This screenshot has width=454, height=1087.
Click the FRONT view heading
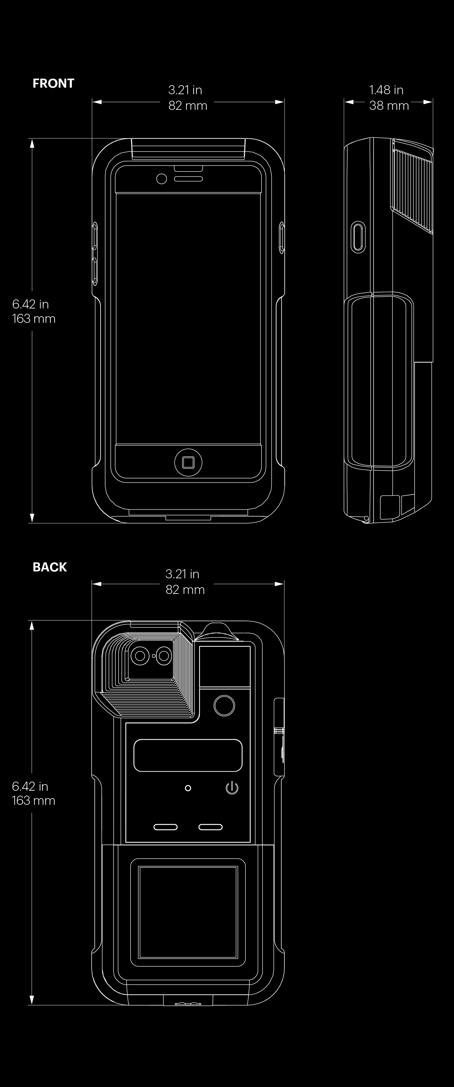point(53,84)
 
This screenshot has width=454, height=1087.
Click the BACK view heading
point(50,567)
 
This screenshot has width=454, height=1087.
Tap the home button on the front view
point(188,463)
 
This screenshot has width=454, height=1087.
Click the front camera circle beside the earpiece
point(161,179)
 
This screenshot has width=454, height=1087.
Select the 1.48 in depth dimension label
point(386,90)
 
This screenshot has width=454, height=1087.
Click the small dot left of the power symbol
point(188,788)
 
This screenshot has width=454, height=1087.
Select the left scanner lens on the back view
point(139,656)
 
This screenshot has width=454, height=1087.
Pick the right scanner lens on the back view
point(164,656)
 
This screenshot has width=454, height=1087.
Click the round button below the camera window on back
point(224,705)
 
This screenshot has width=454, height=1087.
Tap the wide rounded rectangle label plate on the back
point(188,755)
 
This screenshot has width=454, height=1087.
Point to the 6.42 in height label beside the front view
point(30,304)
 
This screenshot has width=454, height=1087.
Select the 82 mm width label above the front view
point(188,105)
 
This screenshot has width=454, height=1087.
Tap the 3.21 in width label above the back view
point(182,574)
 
